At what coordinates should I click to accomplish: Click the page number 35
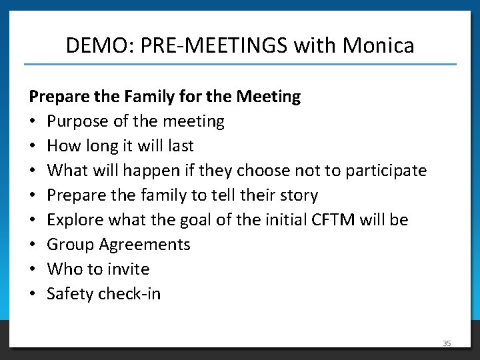click(x=447, y=343)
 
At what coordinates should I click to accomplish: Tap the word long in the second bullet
click(x=106, y=146)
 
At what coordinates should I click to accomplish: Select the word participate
click(x=385, y=171)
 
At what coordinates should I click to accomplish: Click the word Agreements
click(x=145, y=245)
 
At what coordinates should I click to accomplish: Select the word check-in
click(x=129, y=294)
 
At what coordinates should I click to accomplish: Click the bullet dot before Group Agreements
click(x=33, y=245)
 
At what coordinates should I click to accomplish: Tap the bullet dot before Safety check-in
click(x=33, y=294)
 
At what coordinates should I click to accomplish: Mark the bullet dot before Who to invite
click(x=33, y=269)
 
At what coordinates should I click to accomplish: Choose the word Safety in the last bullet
click(x=70, y=294)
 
